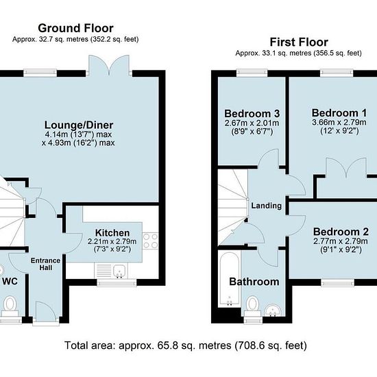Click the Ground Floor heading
pyautogui.click(x=75, y=28)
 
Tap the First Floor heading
pyautogui.click(x=299, y=42)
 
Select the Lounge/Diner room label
pyautogui.click(x=79, y=125)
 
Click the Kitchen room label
pyautogui.click(x=112, y=233)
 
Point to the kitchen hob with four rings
pyautogui.click(x=151, y=241)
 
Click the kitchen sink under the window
pyautogui.click(x=119, y=271)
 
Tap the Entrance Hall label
pyautogui.click(x=45, y=264)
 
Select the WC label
pyautogui.click(x=10, y=281)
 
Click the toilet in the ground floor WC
pyautogui.click(x=10, y=306)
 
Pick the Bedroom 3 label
pyautogui.click(x=252, y=113)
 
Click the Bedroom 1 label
pyautogui.click(x=339, y=113)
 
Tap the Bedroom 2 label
pyautogui.click(x=341, y=232)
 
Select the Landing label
pyautogui.click(x=267, y=206)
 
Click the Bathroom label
pyautogui.click(x=254, y=282)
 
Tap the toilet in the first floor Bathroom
pyautogui.click(x=252, y=306)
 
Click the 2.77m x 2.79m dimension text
pyautogui.click(x=341, y=241)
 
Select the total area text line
pyautogui.click(x=186, y=345)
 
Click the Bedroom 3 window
pyautogui.click(x=252, y=73)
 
